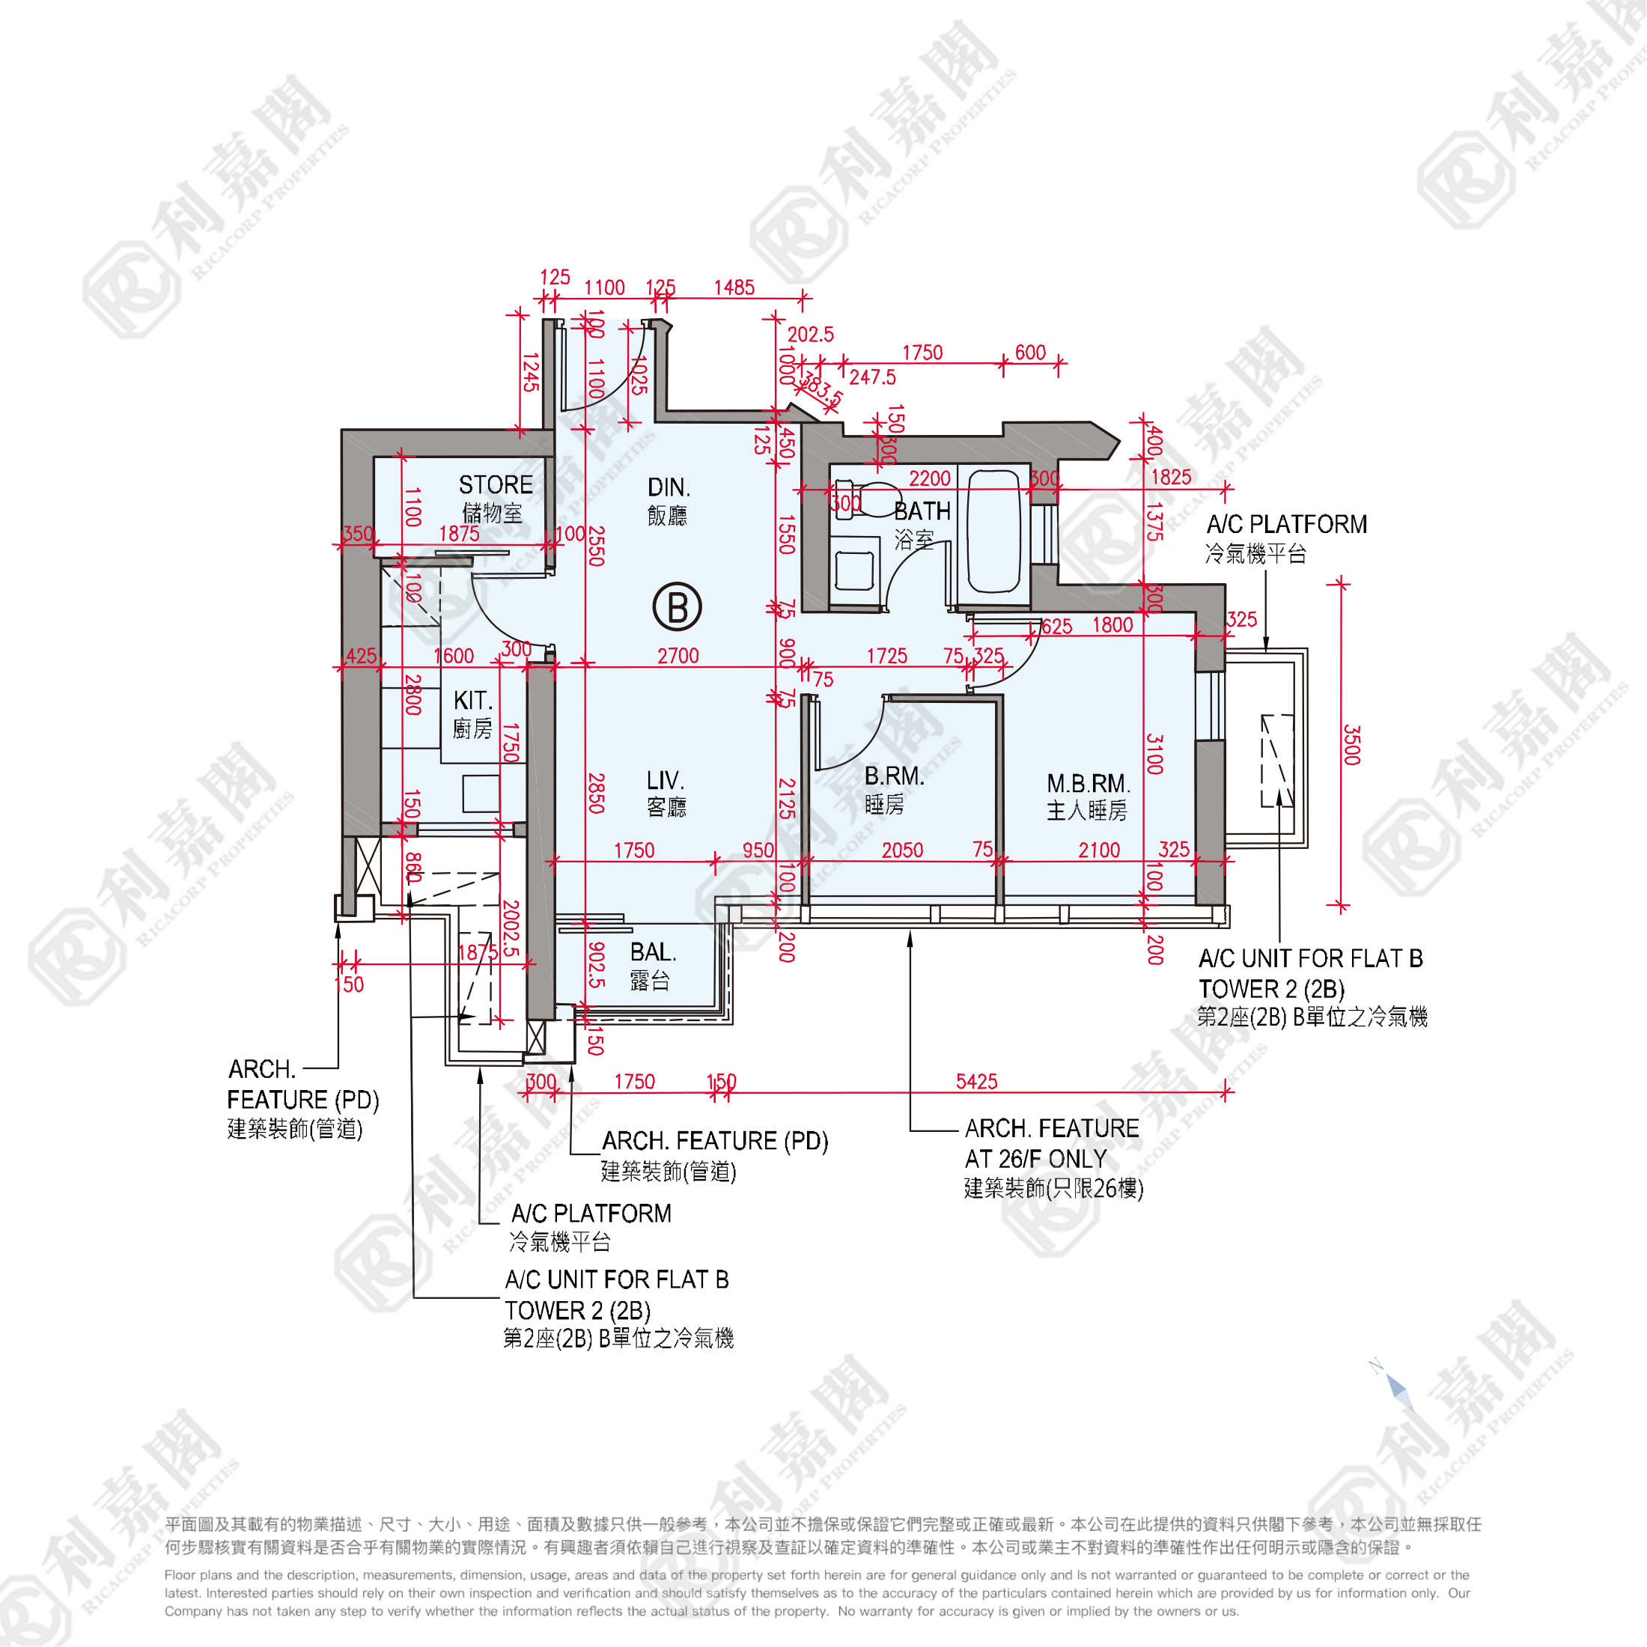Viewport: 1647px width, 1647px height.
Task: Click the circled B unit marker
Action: pos(677,607)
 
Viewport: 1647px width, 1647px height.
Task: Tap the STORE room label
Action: pos(496,486)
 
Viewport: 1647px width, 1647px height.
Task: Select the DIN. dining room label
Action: pos(669,487)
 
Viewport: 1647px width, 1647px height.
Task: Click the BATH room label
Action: pos(922,511)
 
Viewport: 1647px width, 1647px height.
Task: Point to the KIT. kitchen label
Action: pos(473,701)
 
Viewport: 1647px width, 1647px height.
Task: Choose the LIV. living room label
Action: pos(665,781)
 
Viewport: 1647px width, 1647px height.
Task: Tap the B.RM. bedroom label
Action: pos(893,776)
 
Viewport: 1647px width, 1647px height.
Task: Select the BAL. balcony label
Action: pos(653,952)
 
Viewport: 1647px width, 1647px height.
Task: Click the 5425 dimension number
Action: pos(976,1082)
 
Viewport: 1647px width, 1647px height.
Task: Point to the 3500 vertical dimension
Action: pos(1351,745)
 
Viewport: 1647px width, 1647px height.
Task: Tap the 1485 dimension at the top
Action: pos(734,288)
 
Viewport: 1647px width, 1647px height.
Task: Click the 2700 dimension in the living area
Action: pos(678,657)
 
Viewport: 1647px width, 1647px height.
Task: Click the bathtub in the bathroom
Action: pos(993,530)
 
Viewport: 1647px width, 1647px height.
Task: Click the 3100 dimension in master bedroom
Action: pos(1154,754)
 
